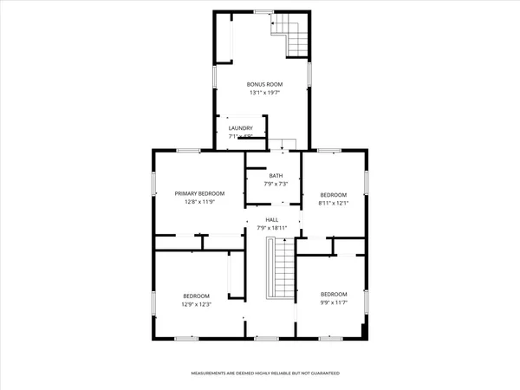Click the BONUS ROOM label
coord(265,84)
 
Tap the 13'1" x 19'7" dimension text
coord(265,93)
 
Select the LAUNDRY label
coord(240,128)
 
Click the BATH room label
coord(275,176)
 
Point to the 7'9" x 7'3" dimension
coord(275,185)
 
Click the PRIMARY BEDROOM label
coord(199,193)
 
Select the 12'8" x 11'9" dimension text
coord(199,202)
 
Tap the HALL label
coord(271,220)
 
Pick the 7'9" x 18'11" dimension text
coord(271,229)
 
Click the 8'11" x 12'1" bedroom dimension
coord(334,204)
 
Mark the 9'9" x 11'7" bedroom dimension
coord(334,302)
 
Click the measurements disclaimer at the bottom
coord(265,374)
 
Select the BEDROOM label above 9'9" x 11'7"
coord(334,294)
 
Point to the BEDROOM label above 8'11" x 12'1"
coord(334,195)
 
